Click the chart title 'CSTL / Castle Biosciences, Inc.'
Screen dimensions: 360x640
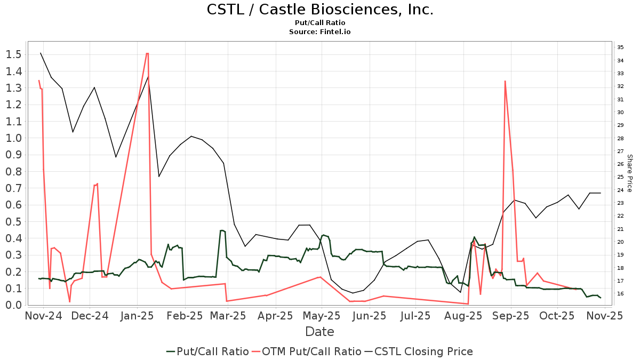coord(319,10)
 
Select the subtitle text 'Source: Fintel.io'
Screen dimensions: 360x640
coord(319,31)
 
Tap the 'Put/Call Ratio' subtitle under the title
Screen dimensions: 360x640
coord(319,23)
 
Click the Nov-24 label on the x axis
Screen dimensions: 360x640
coord(44,316)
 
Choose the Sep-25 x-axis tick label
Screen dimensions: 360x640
coord(511,316)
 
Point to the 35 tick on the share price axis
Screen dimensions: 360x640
coord(620,47)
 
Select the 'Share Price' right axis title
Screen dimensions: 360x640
coord(629,173)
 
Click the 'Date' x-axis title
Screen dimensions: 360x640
coord(319,332)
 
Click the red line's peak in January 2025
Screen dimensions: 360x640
coord(147,53)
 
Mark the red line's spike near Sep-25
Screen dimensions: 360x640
coord(505,81)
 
